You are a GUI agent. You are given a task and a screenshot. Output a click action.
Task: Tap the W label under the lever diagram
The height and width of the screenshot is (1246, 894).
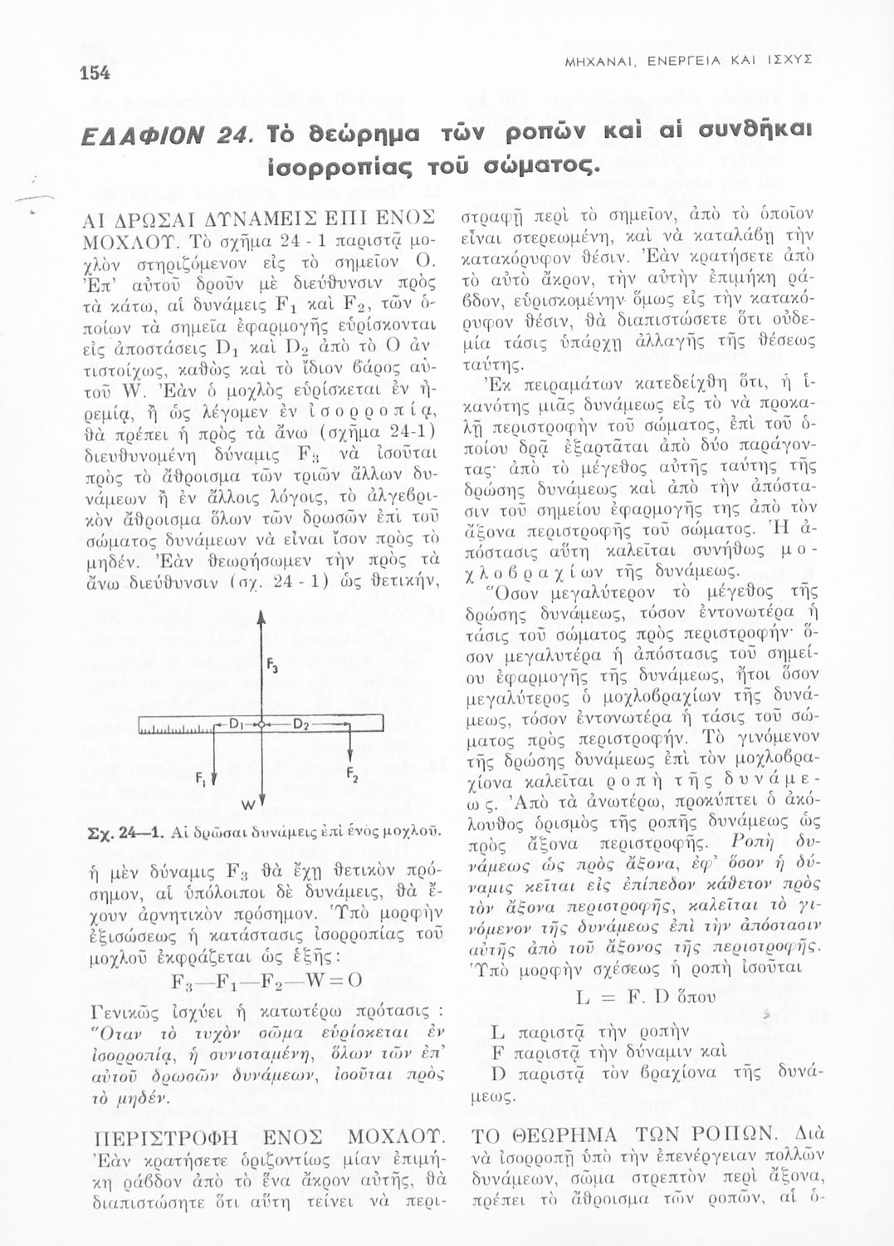(x=247, y=806)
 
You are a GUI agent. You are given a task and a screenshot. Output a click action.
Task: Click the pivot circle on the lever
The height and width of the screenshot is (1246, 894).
(x=261, y=725)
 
